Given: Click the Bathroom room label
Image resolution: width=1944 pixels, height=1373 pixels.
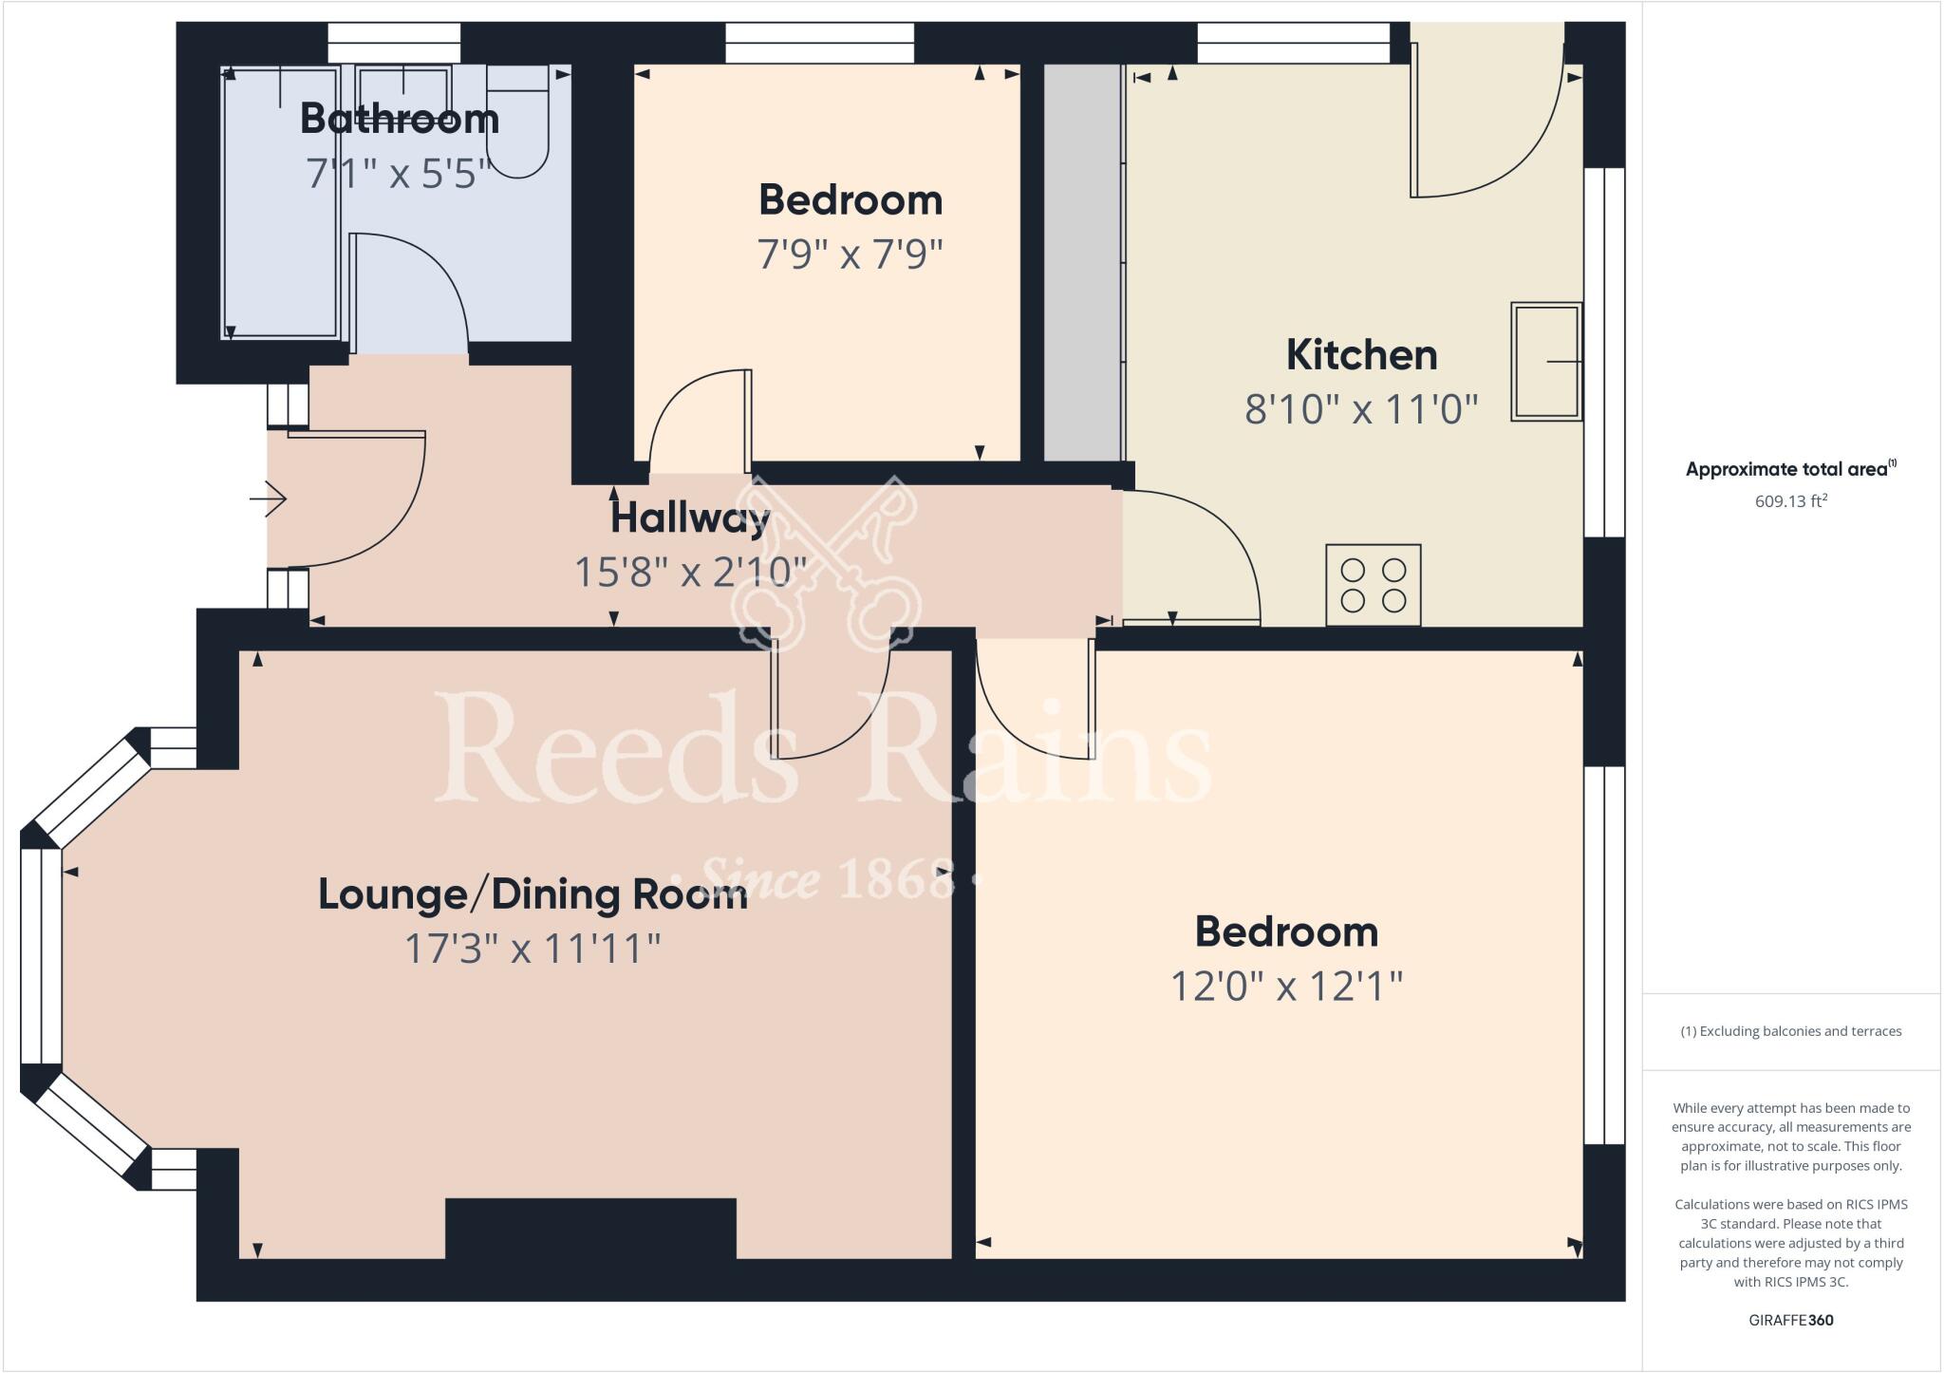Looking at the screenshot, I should (x=400, y=119).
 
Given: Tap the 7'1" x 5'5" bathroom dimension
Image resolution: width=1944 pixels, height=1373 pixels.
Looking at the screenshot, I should (x=398, y=174).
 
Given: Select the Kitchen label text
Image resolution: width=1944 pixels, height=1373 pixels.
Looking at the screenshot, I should (x=1361, y=355).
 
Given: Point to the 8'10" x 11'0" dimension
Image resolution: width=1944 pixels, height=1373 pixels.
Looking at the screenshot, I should (x=1361, y=410).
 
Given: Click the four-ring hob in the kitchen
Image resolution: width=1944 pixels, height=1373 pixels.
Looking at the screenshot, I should (x=1373, y=585).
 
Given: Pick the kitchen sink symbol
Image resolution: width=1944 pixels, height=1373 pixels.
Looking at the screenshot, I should (x=1545, y=362).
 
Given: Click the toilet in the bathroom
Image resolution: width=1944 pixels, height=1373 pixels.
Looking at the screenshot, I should (x=517, y=123).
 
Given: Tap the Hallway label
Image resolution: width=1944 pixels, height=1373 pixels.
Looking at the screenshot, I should (x=689, y=518).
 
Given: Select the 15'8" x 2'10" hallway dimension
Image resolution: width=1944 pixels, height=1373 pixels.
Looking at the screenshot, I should (x=690, y=573).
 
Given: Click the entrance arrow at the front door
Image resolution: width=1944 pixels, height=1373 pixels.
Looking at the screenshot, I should (x=269, y=498).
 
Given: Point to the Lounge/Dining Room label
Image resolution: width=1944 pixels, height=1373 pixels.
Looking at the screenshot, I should (x=533, y=894).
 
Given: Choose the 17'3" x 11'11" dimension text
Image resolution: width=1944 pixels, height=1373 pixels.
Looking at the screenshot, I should (x=533, y=949).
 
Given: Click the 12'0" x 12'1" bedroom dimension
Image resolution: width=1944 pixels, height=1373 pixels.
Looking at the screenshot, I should (x=1286, y=987).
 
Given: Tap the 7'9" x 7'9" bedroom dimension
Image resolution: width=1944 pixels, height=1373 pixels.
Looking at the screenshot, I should (x=850, y=254).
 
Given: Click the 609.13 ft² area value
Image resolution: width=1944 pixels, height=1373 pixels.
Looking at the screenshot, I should (x=1790, y=501).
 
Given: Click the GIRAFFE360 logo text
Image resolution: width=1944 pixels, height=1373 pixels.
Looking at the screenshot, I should (x=1790, y=1320).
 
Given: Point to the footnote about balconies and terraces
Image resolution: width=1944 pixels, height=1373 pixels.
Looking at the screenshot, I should (x=1790, y=1031).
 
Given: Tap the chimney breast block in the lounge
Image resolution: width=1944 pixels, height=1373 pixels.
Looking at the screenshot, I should (x=590, y=1229).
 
